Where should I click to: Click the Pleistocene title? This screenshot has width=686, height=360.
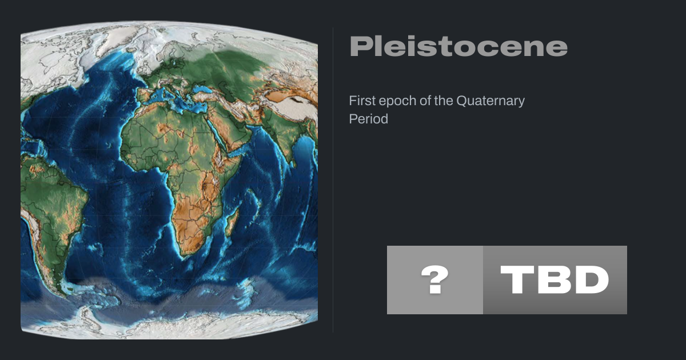(x=458, y=46)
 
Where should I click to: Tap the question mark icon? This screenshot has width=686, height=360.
(x=435, y=279)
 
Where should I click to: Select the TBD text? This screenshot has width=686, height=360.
(x=555, y=279)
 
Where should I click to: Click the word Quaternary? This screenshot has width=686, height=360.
(x=490, y=101)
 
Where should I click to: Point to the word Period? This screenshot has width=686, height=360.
(x=368, y=119)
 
